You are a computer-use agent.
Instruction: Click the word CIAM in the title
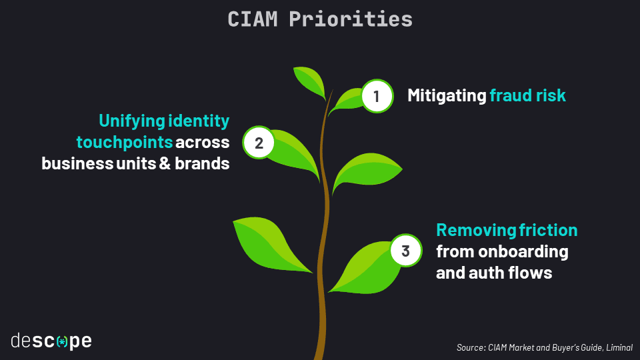tap(253, 19)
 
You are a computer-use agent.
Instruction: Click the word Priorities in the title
tap(351, 19)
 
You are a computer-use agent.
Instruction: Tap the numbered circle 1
tap(377, 97)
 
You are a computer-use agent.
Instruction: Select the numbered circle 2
tap(259, 143)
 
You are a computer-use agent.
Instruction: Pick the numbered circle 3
tap(405, 251)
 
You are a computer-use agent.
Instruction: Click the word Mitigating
tap(447, 95)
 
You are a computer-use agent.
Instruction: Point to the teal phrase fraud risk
tap(527, 95)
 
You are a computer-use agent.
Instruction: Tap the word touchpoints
tap(125, 142)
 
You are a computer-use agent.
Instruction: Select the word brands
tap(202, 163)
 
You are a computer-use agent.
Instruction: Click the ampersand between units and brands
tap(164, 163)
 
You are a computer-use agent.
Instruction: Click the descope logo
tap(51, 341)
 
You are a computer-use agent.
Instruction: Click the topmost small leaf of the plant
tap(309, 81)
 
